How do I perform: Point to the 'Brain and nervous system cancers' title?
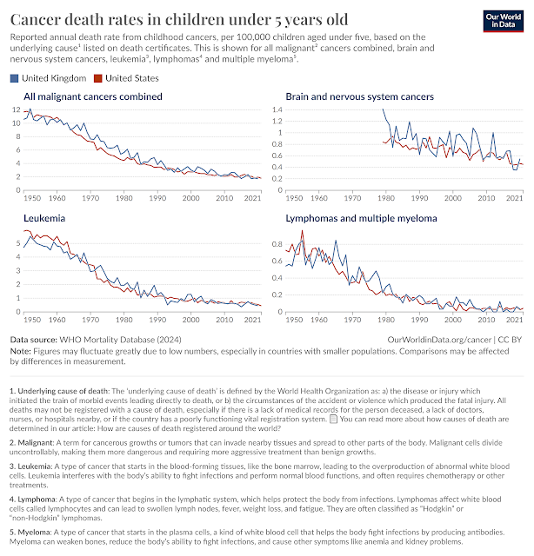pos(359,96)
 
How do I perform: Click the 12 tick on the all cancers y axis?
pos(16,110)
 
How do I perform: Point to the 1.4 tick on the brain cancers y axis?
pos(279,110)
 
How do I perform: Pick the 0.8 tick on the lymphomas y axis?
pos(279,243)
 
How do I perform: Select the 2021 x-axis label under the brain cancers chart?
pos(514,187)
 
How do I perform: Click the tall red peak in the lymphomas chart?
pos(303,232)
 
